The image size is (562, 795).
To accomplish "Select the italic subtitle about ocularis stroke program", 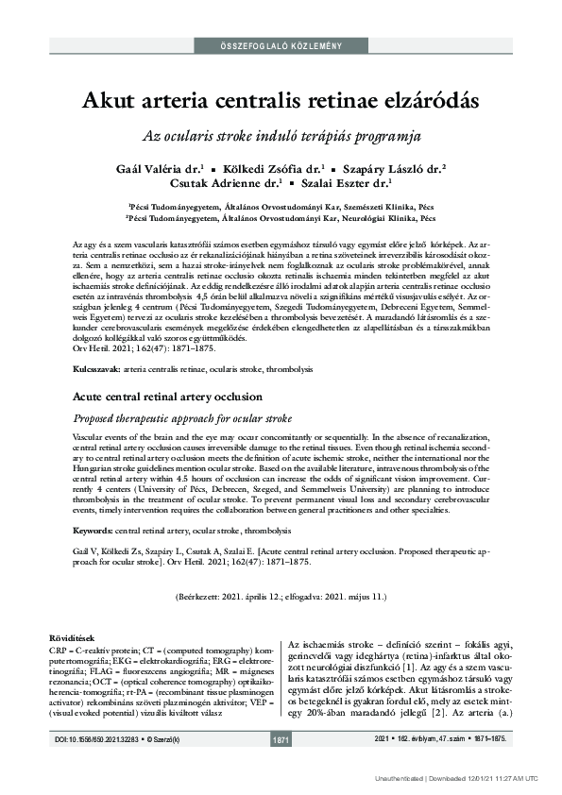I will pyautogui.click(x=281, y=135).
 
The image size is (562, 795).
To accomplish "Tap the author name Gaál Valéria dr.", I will pyautogui.click(x=152, y=167).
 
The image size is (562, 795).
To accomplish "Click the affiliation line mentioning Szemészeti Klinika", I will pyautogui.click(x=281, y=204).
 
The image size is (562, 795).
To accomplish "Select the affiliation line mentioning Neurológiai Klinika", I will pyautogui.click(x=281, y=217).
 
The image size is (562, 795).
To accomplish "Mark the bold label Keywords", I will pyautogui.click(x=93, y=532).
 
